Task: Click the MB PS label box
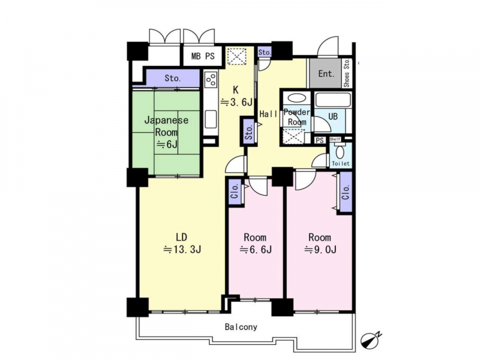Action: [x=203, y=56]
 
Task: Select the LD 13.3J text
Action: [x=182, y=244]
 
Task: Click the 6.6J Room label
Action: [x=255, y=244]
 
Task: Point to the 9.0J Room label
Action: [x=320, y=244]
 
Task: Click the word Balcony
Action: [x=241, y=327]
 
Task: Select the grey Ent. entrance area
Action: [x=325, y=73]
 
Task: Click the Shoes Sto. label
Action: [x=347, y=73]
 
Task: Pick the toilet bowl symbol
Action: [x=339, y=152]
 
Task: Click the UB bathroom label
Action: [x=333, y=116]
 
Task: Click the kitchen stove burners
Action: [x=211, y=80]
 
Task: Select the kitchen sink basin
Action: [x=211, y=119]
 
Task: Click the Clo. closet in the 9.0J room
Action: [x=346, y=192]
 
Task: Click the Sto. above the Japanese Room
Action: [x=173, y=78]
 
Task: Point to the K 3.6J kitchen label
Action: [x=236, y=96]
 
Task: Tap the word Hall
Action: [x=268, y=114]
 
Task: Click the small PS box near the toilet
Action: [x=320, y=140]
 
